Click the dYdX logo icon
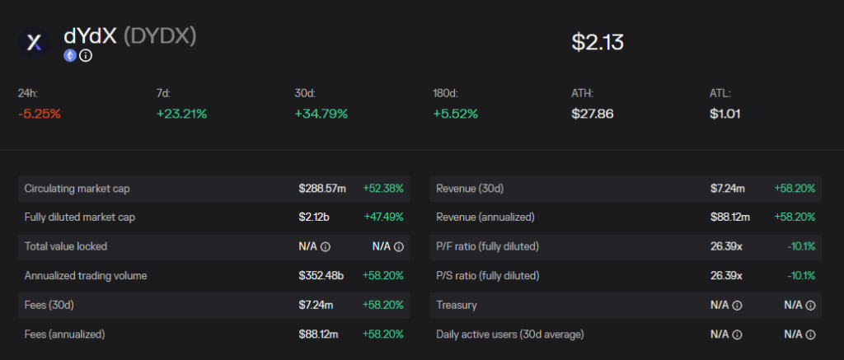coord(34,43)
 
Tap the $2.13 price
coord(598,42)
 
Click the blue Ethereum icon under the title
coord(70,55)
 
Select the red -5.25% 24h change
coord(40,114)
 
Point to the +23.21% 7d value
coord(181,114)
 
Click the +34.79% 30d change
coord(321,114)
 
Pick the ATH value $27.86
coord(592,114)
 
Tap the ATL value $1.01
coord(725,114)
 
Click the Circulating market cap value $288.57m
coord(322,189)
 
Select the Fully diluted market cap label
coord(80,217)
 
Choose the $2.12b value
coord(314,217)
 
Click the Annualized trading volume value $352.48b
coord(321,276)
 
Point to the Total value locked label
coord(66,246)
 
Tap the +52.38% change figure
coord(383,189)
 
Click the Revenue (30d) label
coord(470,189)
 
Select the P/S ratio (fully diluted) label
coord(488,276)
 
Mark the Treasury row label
coord(457,305)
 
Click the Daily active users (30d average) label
coord(510,334)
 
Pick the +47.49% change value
coord(384,217)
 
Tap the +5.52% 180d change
coord(455,114)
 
